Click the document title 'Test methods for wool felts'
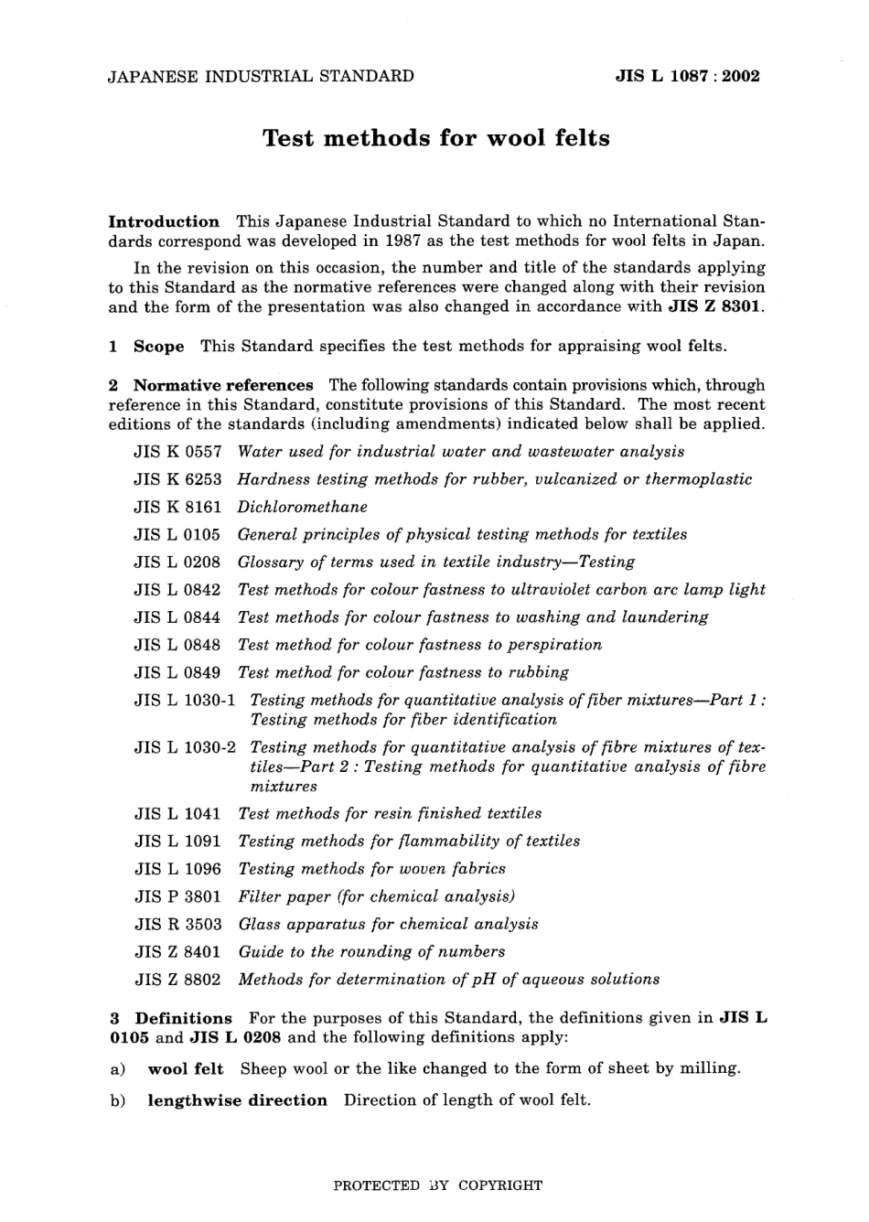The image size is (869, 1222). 435,138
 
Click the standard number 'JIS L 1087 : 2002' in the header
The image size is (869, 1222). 687,77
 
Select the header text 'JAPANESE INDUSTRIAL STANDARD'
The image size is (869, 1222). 261,77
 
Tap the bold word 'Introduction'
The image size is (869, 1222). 164,221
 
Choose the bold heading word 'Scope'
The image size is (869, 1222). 158,347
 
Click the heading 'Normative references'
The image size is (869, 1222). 223,385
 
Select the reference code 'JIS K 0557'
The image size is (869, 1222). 177,452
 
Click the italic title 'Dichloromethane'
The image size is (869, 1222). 302,507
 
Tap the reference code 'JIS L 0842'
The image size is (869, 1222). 177,590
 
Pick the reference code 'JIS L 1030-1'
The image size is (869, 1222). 185,701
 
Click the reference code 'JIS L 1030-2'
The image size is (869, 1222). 185,747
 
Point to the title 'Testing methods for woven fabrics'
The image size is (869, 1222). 371,869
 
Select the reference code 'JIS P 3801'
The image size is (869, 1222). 177,897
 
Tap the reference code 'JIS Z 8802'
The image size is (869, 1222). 177,980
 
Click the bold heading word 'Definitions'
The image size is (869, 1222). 184,1018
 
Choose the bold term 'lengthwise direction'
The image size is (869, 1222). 237,1100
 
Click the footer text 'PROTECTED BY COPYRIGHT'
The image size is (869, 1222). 437,1185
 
